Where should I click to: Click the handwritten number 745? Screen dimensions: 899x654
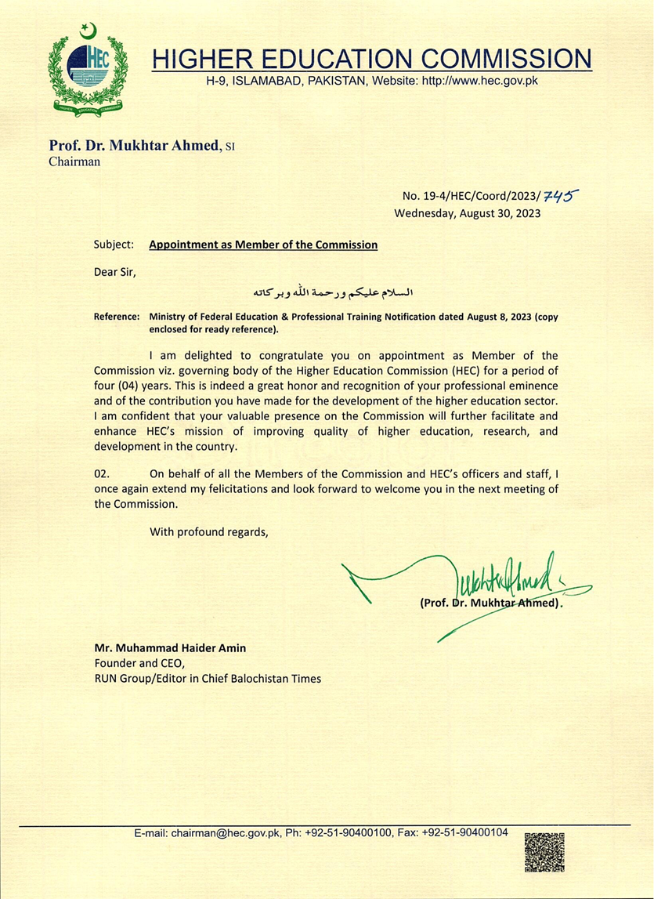562,197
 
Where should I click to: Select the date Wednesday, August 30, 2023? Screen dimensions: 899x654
467,212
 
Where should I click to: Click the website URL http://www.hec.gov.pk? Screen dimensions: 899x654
480,81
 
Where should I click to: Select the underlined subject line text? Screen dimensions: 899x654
263,245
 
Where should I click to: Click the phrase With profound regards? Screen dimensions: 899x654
208,532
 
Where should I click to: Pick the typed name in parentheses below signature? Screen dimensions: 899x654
491,604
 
